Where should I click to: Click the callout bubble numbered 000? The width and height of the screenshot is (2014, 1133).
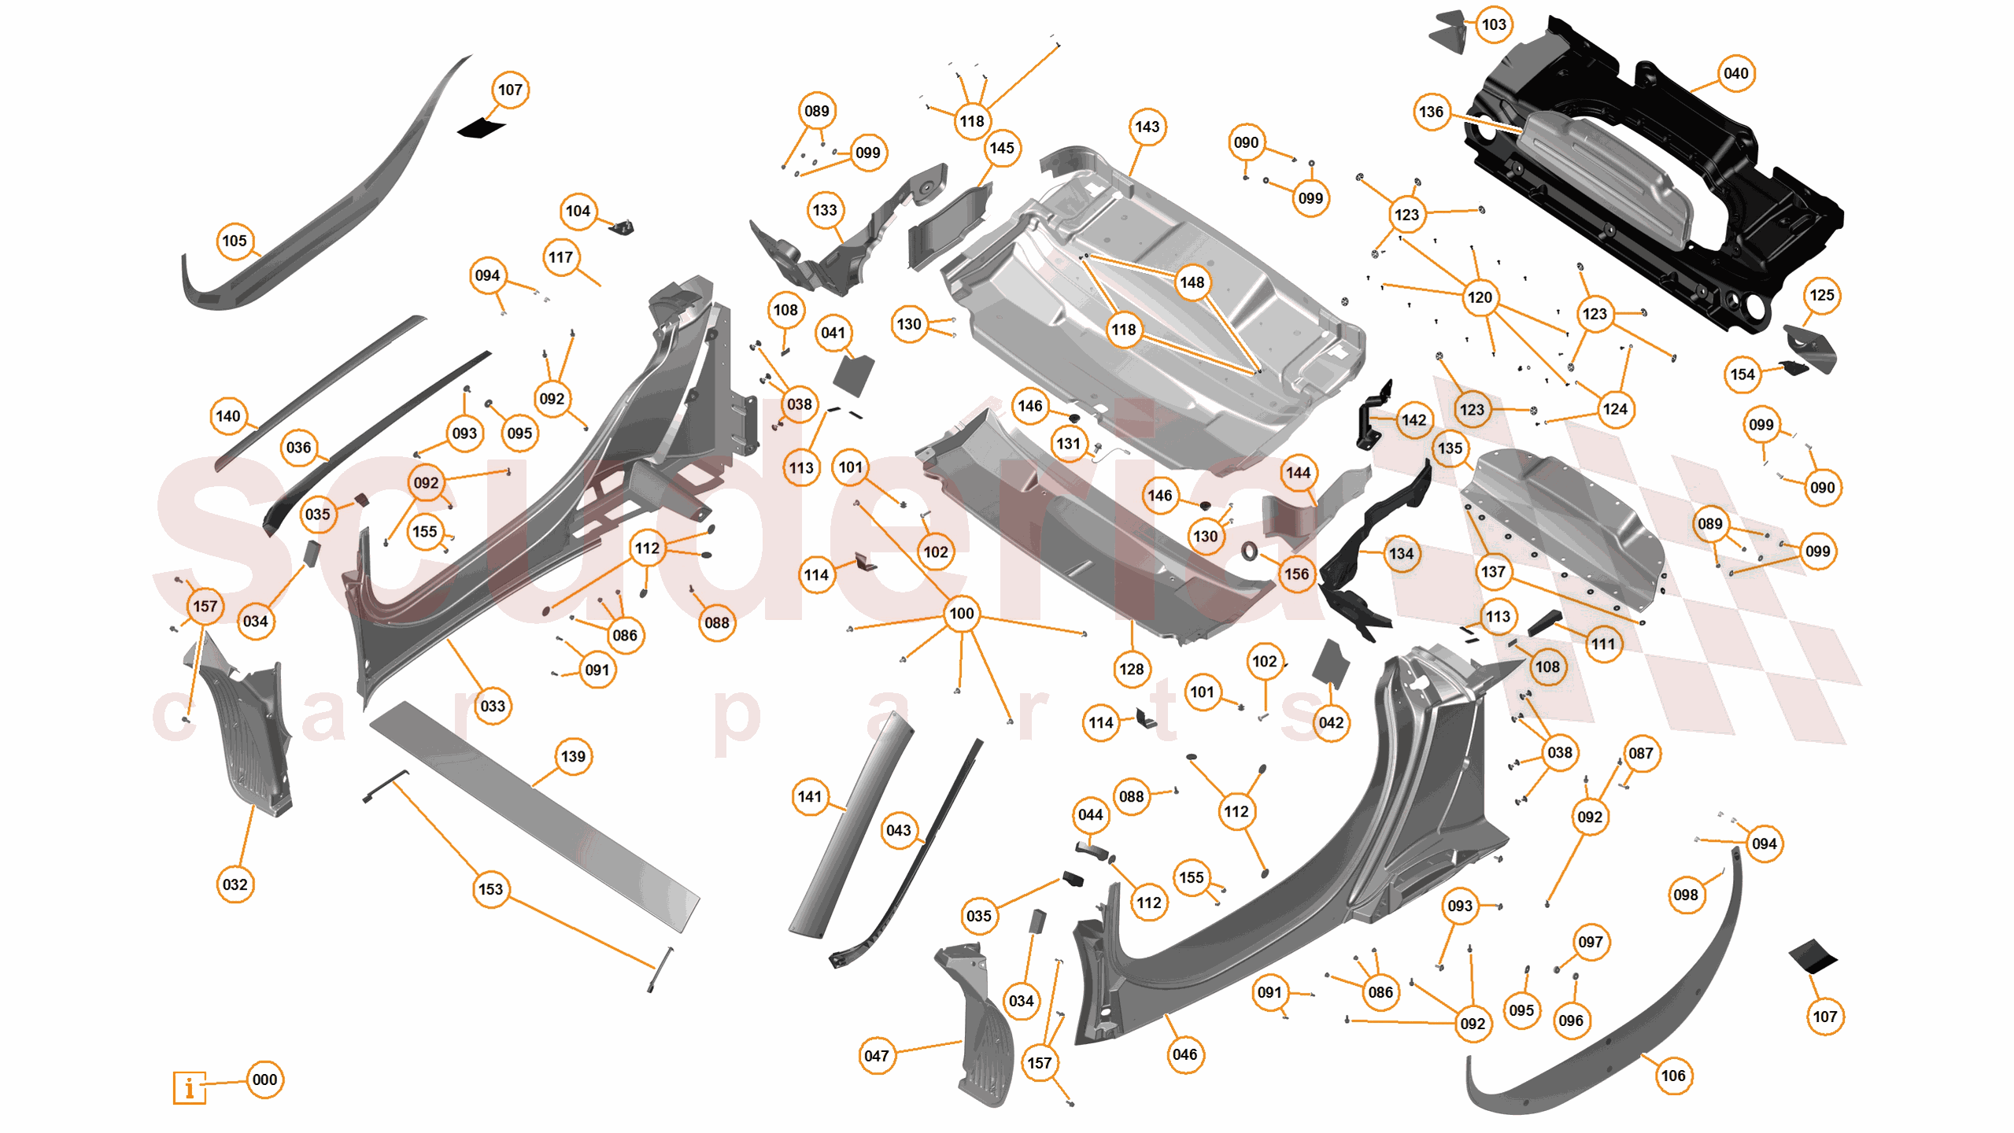(264, 1079)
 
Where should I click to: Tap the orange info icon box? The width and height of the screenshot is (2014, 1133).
(189, 1088)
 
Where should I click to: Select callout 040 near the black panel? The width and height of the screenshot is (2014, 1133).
(1735, 73)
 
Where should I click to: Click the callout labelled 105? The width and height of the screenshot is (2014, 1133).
(235, 241)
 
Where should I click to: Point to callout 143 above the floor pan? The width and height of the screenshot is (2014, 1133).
(1147, 127)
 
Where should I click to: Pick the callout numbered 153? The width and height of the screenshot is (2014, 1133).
(490, 889)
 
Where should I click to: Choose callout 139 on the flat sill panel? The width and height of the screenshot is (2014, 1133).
(573, 756)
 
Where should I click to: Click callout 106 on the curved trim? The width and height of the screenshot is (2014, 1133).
(1672, 1076)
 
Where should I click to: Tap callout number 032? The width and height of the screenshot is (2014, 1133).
(235, 884)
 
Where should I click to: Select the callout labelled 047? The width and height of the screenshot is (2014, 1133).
(876, 1056)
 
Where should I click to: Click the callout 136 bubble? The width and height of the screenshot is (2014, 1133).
(1431, 112)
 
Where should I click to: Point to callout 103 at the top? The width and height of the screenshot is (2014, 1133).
(1494, 24)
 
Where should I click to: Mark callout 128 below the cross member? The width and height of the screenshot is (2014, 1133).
(1131, 669)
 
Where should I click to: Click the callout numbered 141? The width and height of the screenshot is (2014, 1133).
(809, 796)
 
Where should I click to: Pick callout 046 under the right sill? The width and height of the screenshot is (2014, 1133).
(1184, 1054)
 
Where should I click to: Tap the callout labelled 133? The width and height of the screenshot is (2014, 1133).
(825, 210)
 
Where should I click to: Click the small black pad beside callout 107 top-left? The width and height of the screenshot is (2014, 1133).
(481, 128)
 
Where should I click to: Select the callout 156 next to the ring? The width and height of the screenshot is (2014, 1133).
(1296, 574)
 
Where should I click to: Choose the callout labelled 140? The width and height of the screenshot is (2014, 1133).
(228, 416)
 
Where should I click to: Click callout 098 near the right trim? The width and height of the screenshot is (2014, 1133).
(1685, 895)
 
